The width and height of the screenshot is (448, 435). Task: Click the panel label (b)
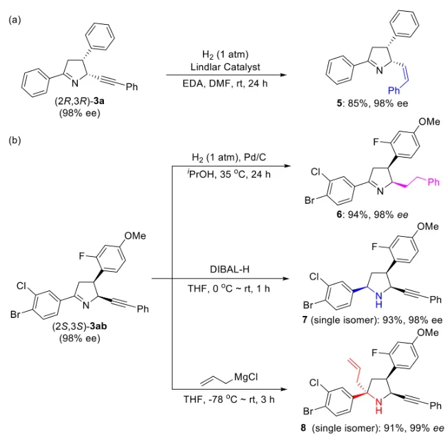pyautogui.click(x=14, y=142)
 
